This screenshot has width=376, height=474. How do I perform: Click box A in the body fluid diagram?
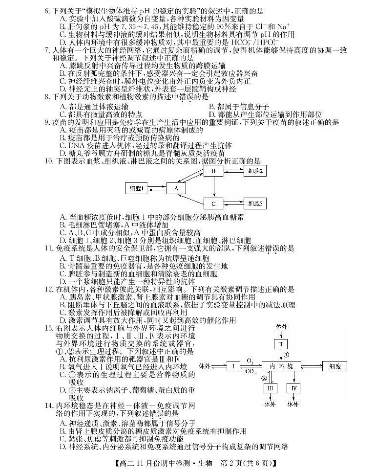click(176, 188)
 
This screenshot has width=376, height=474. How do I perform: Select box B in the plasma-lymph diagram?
click(213, 171)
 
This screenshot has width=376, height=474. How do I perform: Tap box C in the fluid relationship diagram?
click(213, 203)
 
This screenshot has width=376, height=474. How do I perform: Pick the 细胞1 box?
click(138, 188)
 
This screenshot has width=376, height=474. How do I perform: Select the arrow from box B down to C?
click(213, 187)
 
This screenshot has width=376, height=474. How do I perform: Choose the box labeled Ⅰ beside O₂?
click(233, 365)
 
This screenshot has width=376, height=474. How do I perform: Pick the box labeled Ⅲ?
click(270, 388)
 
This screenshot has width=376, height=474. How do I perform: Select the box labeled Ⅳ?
click(293, 388)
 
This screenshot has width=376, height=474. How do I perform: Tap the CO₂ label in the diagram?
click(250, 371)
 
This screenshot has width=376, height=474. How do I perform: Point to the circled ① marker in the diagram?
click(287, 354)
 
